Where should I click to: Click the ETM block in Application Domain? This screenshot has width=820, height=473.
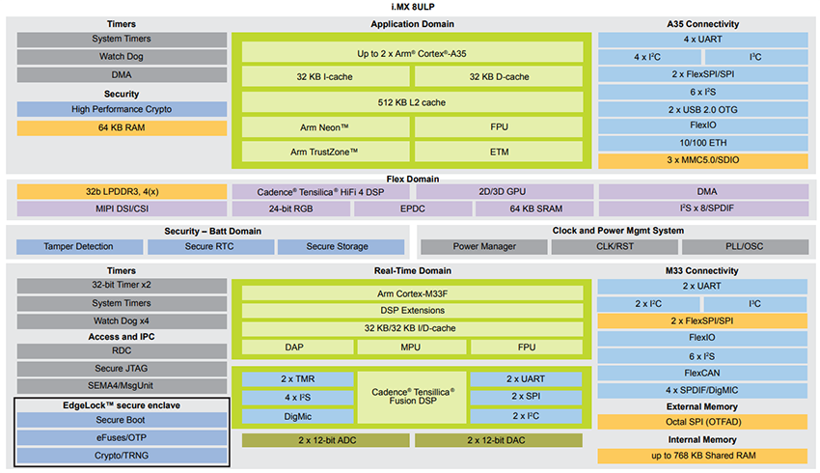(499, 152)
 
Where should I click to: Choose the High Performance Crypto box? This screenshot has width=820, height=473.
(122, 110)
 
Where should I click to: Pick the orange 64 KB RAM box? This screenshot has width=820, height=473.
(122, 127)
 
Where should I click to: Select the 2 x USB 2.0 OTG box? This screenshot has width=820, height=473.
(702, 109)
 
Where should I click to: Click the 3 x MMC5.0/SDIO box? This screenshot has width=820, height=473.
(702, 161)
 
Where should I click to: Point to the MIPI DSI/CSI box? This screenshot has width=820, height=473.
(122, 209)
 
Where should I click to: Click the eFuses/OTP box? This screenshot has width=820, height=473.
(122, 437)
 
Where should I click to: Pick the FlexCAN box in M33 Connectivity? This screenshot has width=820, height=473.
(702, 373)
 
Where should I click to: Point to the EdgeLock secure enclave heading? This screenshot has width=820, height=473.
(122, 404)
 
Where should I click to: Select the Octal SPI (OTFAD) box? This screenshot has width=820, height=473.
(702, 422)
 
